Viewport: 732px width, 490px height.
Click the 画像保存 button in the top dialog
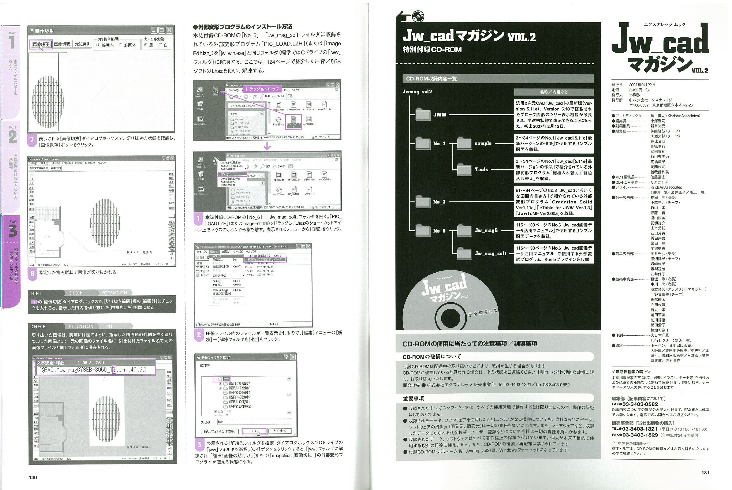click(41, 44)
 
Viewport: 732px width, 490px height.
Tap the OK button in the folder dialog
click(254, 431)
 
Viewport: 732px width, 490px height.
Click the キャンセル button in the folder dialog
click(279, 431)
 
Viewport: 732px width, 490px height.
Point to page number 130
click(33, 477)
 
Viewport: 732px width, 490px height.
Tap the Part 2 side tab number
click(13, 137)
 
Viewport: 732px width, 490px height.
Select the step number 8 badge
click(32, 273)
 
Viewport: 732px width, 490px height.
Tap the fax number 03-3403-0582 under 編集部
click(640, 404)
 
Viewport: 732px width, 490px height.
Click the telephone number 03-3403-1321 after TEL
click(640, 429)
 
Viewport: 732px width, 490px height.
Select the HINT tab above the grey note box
click(36, 293)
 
